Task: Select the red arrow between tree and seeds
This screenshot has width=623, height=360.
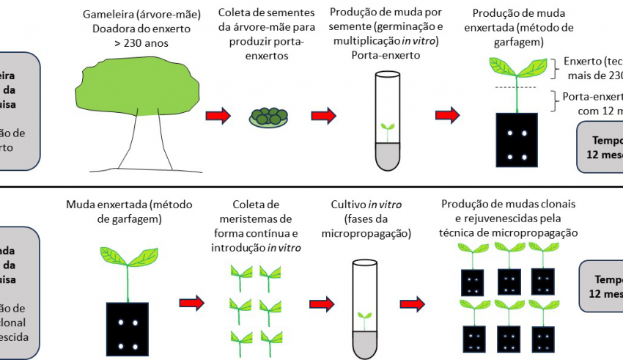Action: (218, 116)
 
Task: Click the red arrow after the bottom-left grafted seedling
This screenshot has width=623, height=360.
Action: (191, 301)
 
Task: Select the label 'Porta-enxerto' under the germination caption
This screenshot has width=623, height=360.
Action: (386, 55)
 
